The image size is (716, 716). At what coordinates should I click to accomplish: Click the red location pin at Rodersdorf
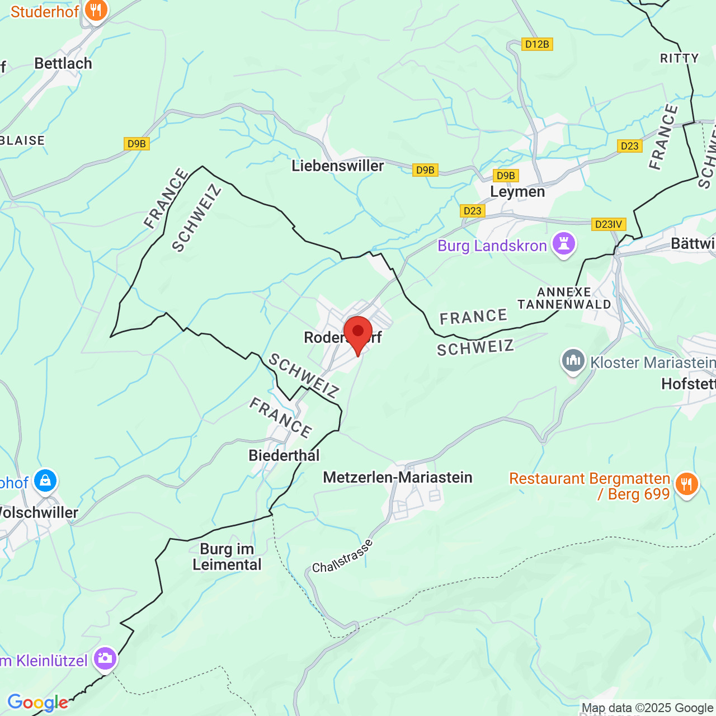(x=357, y=333)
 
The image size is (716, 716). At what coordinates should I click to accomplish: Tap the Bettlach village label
(x=63, y=64)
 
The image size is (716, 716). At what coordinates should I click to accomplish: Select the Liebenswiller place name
(x=338, y=166)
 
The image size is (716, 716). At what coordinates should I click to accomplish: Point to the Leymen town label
(x=517, y=192)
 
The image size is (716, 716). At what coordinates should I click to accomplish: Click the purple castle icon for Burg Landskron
(x=563, y=244)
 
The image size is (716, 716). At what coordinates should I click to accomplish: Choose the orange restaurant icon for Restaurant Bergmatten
(x=686, y=484)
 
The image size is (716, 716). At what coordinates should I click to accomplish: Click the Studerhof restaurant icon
(x=96, y=11)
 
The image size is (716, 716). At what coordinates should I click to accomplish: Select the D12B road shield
(x=537, y=44)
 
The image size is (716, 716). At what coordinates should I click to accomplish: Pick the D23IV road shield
(x=609, y=224)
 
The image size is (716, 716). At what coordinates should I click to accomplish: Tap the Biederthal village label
(x=284, y=456)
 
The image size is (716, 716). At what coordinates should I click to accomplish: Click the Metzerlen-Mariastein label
(x=398, y=478)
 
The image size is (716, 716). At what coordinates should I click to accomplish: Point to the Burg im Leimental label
(x=227, y=557)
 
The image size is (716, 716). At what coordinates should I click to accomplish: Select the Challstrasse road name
(x=342, y=557)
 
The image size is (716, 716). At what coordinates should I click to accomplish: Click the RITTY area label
(x=679, y=58)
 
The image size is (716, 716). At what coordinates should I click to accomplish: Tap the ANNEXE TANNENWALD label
(x=564, y=298)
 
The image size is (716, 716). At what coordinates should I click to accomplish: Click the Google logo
(x=37, y=703)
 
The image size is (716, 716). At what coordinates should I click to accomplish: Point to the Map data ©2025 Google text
(x=648, y=708)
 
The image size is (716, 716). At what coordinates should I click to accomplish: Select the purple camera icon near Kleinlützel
(x=105, y=658)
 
